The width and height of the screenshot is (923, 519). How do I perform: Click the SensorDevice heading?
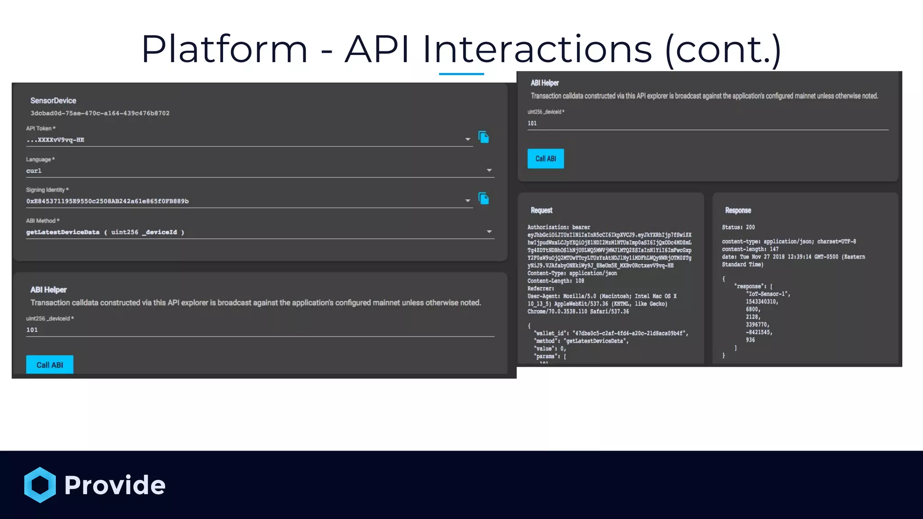point(53,100)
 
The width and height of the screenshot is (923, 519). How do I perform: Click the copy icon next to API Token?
point(484,137)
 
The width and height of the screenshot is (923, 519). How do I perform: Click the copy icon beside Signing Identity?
point(484,199)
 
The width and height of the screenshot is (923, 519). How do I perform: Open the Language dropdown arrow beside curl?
point(489,170)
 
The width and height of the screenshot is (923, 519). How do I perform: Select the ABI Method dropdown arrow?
point(489,232)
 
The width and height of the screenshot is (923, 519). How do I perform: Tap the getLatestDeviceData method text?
point(63,232)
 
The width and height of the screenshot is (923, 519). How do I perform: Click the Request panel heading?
point(541,210)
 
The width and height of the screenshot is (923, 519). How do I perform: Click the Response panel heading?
point(738,210)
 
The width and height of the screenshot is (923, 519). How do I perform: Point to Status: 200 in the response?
point(738,227)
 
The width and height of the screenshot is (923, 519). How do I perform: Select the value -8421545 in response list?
point(759,332)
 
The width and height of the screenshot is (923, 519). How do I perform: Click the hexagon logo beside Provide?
point(40,485)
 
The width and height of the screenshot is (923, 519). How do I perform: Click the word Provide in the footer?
point(115,485)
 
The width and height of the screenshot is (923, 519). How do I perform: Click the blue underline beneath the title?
point(461,74)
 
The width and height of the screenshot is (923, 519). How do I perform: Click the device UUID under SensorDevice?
point(100,113)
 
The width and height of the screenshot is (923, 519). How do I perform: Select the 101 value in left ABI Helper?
point(32,330)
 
